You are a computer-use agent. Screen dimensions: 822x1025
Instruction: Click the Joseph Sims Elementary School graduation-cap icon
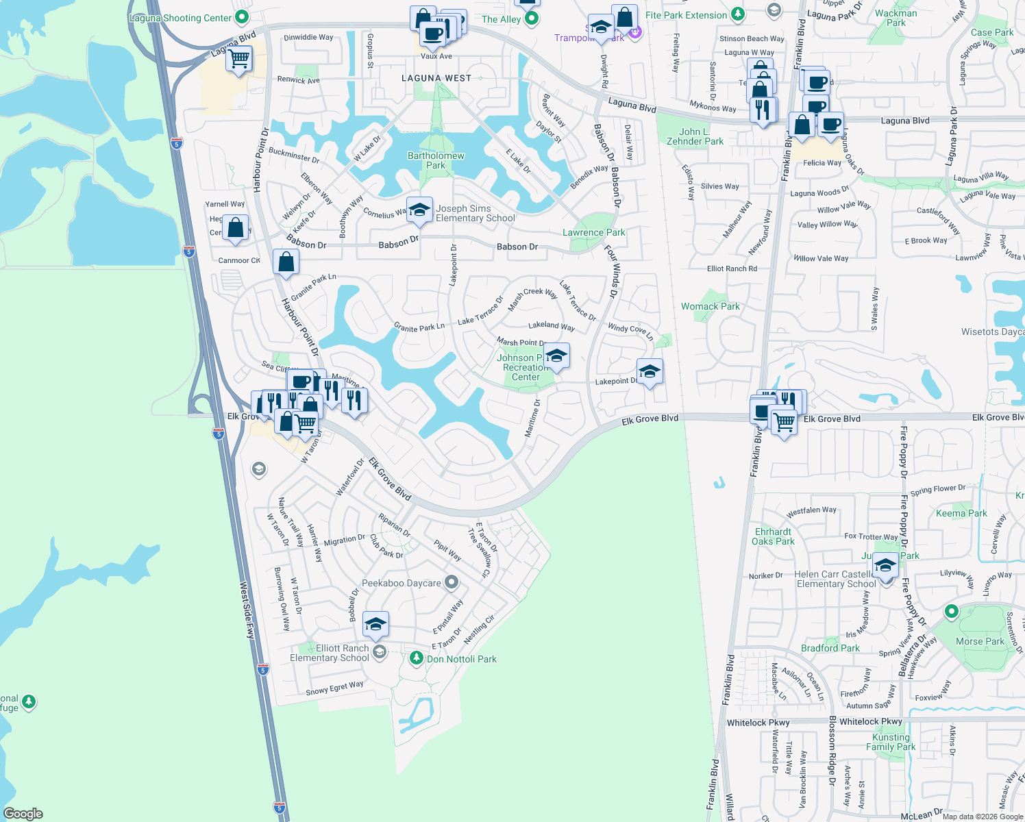point(419,209)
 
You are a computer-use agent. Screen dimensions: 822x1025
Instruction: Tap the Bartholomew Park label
point(436,160)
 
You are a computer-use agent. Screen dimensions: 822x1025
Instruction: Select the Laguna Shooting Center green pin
point(241,17)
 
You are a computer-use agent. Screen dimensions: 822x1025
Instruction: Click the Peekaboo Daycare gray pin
point(451,583)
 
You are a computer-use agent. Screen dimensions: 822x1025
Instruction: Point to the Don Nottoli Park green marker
point(416,658)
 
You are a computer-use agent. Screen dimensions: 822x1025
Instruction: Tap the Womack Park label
point(710,306)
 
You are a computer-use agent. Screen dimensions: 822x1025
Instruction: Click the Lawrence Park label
point(593,232)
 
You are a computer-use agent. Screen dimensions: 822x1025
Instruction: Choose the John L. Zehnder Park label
point(695,136)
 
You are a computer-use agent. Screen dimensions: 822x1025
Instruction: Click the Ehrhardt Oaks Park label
point(773,536)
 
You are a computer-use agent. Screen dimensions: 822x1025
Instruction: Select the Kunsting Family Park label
point(891,742)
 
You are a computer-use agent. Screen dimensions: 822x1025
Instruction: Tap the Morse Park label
point(980,641)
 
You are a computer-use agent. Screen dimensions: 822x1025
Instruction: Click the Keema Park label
point(961,513)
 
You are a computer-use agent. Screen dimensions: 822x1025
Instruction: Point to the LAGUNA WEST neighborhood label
point(436,78)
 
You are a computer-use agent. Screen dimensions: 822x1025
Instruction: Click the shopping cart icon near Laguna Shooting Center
point(238,59)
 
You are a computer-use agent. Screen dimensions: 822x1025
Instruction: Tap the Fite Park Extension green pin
point(737,14)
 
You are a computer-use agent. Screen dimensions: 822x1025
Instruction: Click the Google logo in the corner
point(23,813)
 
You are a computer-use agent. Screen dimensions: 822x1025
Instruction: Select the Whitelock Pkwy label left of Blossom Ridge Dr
point(758,723)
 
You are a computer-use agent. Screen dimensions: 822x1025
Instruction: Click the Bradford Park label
point(830,648)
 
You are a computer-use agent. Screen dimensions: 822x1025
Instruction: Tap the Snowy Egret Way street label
point(334,688)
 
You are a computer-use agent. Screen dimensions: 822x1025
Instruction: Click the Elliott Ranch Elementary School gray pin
point(380,651)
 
